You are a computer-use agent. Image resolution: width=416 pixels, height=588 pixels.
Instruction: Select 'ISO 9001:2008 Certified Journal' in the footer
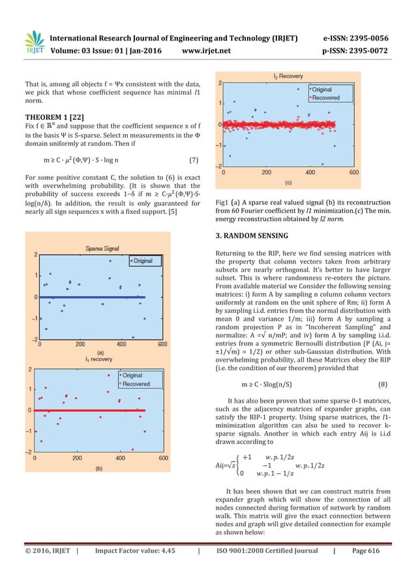pos(265,568)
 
